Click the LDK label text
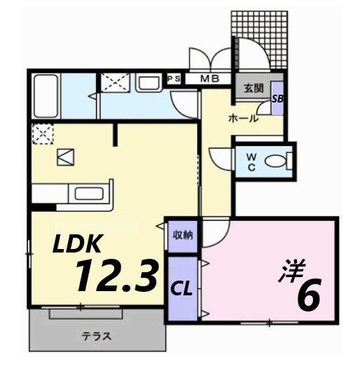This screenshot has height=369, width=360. click(x=79, y=245)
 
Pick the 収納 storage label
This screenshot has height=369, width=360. click(x=183, y=235)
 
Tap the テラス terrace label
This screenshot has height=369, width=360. click(x=98, y=335)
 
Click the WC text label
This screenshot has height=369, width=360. click(x=251, y=162)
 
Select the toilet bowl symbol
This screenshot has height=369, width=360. click(x=278, y=161)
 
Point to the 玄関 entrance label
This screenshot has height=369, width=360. click(x=253, y=88)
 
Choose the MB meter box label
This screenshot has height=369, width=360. click(x=209, y=79)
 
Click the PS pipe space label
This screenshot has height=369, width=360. click(x=173, y=79)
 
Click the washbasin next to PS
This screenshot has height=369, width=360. click(x=149, y=84)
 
